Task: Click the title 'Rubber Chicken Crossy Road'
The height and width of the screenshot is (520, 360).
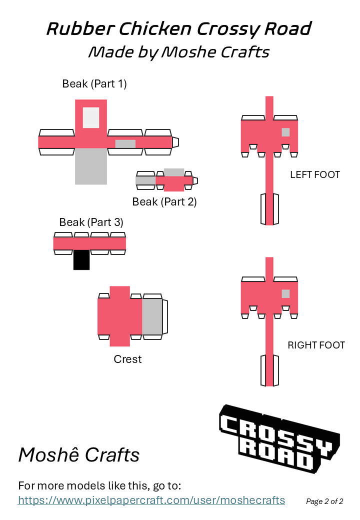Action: [179, 28]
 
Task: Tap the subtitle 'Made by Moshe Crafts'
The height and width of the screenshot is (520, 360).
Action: [179, 51]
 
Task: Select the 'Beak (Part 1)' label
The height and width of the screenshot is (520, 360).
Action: [94, 83]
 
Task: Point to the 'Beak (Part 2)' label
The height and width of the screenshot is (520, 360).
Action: [164, 202]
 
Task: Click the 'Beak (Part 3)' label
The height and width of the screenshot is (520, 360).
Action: [91, 222]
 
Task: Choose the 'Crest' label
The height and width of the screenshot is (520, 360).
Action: [127, 359]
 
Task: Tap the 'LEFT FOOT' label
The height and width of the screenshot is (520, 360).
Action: [315, 174]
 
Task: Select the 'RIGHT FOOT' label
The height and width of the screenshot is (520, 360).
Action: [316, 345]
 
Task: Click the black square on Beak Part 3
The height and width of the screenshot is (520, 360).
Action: [81, 260]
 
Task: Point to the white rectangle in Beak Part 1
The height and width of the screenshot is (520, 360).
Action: [91, 117]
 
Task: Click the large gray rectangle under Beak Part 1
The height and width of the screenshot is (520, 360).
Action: [91, 166]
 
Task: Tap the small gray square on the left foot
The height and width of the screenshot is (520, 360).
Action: [285, 132]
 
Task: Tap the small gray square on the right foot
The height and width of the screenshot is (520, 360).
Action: [285, 293]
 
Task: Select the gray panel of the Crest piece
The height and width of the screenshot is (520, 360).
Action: [152, 316]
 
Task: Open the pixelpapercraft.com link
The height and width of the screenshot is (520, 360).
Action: [151, 500]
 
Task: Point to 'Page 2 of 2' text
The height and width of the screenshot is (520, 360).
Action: [324, 501]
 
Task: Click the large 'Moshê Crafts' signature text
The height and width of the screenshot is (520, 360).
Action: [79, 455]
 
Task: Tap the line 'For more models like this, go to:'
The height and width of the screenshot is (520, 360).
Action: [99, 485]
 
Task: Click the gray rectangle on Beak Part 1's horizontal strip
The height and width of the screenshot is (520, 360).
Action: [125, 143]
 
